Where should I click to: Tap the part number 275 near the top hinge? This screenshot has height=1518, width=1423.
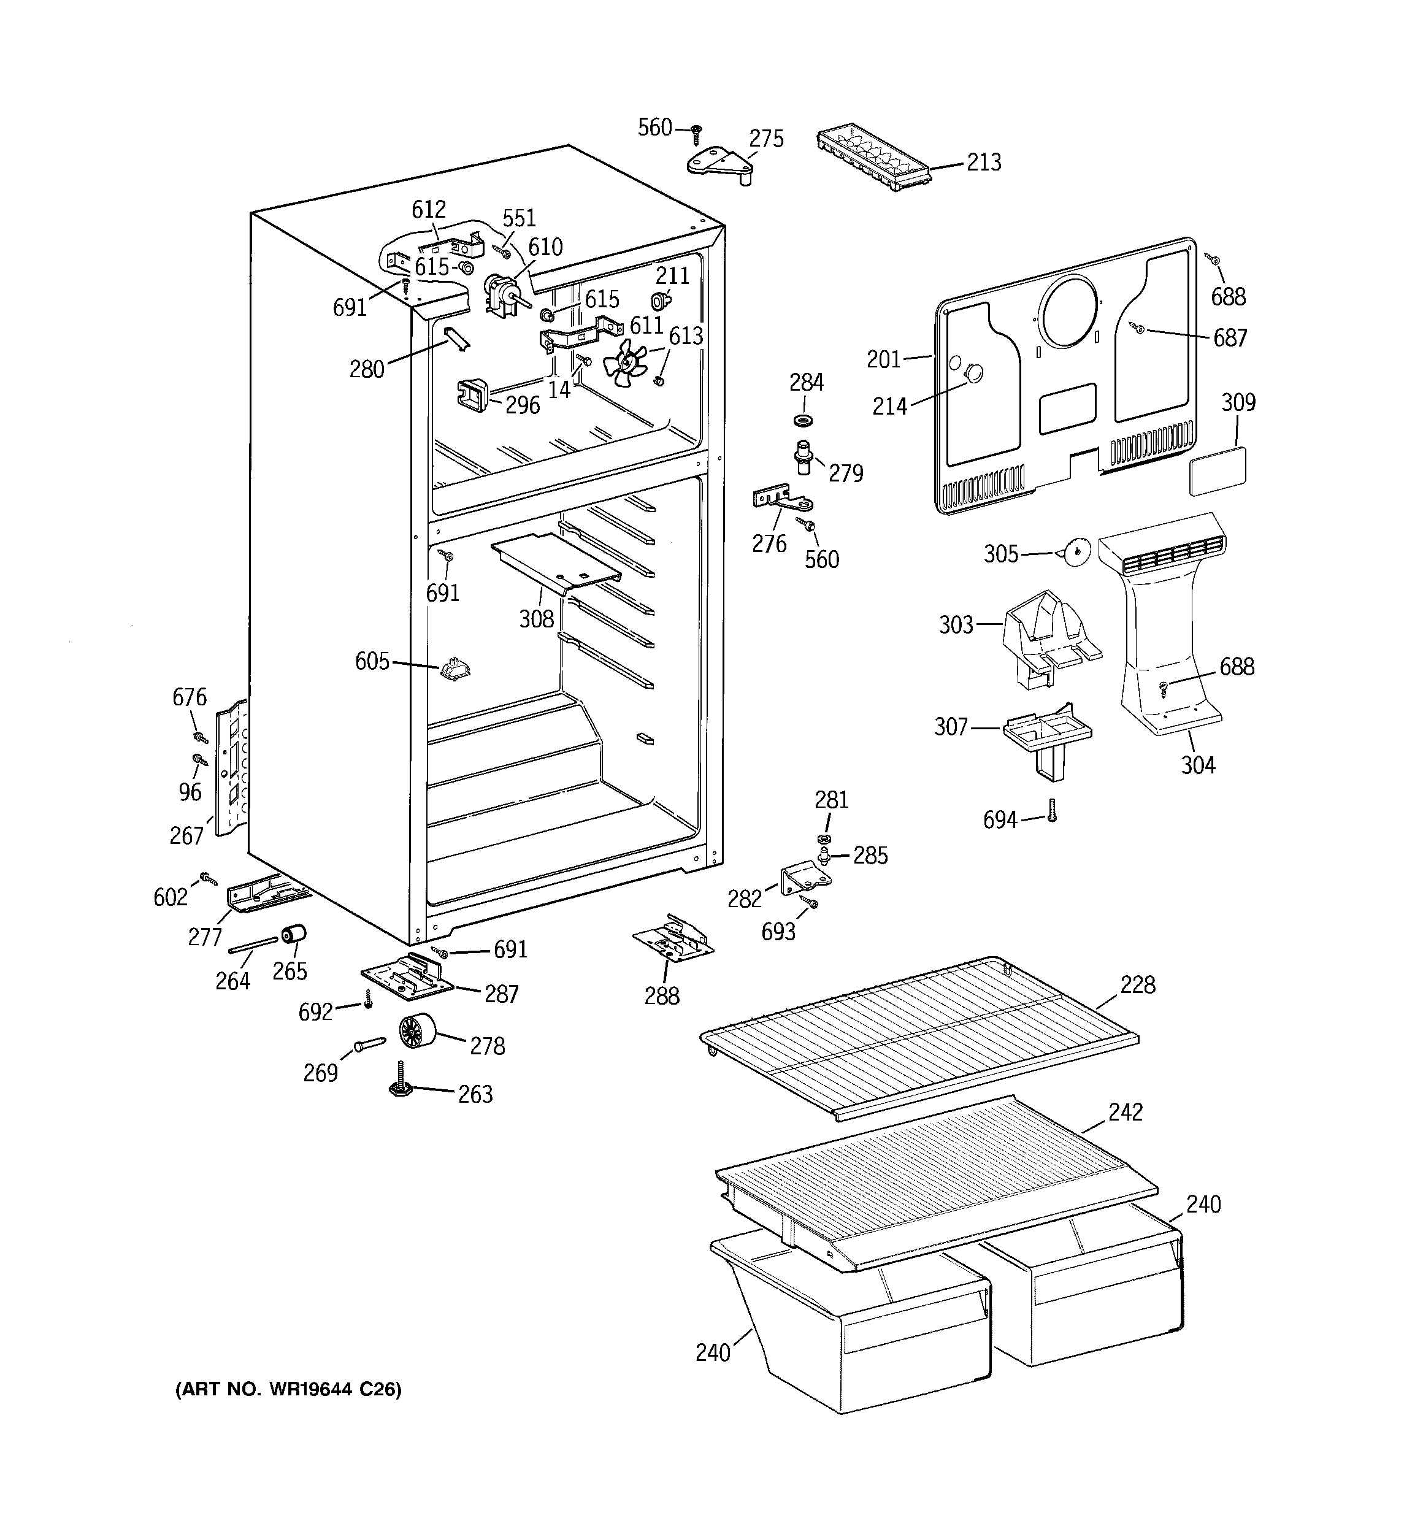coord(766,139)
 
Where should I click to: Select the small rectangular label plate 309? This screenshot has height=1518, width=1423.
coord(1218,471)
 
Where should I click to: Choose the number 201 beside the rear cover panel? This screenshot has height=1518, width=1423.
coord(884,359)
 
